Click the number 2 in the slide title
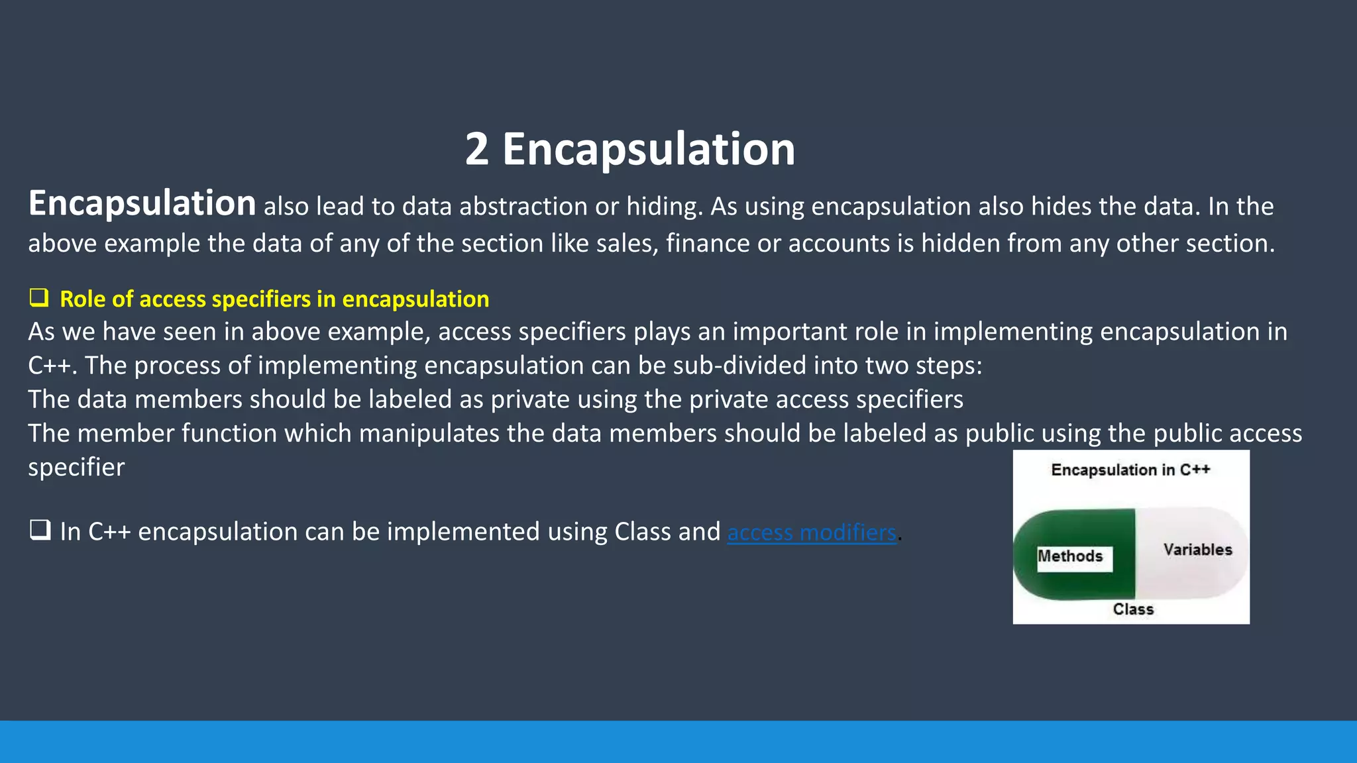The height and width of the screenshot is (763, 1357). [476, 150]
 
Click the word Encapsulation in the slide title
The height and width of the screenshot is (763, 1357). [648, 150]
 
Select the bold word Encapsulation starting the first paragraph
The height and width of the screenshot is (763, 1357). [142, 203]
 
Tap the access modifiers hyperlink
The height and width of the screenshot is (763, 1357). [811, 533]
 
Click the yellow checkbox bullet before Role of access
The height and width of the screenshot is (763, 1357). [39, 298]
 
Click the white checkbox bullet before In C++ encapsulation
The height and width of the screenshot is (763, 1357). [40, 531]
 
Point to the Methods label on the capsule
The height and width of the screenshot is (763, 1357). [1070, 556]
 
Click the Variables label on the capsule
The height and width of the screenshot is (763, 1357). [1197, 550]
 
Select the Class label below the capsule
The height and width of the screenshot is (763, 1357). [1133, 609]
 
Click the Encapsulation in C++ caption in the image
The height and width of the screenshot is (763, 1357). [1130, 470]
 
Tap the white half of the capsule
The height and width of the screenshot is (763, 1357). [1186, 580]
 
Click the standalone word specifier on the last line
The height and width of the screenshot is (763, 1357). [76, 468]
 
